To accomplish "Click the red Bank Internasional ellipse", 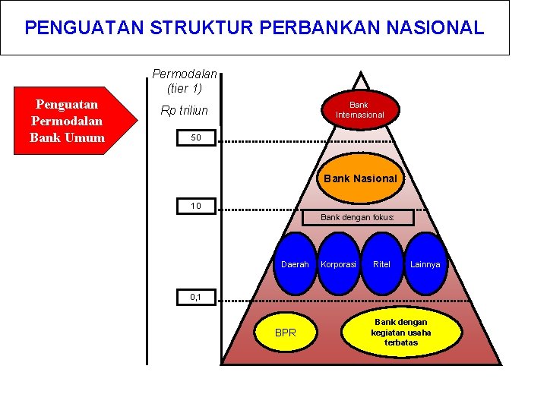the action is tap(359, 109).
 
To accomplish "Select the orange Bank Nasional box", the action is tap(360, 178).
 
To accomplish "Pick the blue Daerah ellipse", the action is tap(295, 264).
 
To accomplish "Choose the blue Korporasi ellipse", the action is tap(339, 264).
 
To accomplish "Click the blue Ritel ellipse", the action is tap(381, 264).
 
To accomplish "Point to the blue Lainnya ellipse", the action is tap(425, 264).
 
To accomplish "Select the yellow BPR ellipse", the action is tap(286, 333).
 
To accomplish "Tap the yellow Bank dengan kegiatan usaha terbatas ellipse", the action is tap(400, 332).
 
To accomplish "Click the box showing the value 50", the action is tap(196, 138).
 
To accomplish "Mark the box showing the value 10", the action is tap(196, 206).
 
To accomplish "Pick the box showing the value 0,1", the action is tap(196, 297).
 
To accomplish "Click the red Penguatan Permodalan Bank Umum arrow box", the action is tap(67, 121).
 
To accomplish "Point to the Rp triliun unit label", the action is tap(185, 111).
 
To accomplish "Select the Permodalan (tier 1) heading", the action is tap(185, 81).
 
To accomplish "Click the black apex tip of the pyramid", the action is tap(358, 76).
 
